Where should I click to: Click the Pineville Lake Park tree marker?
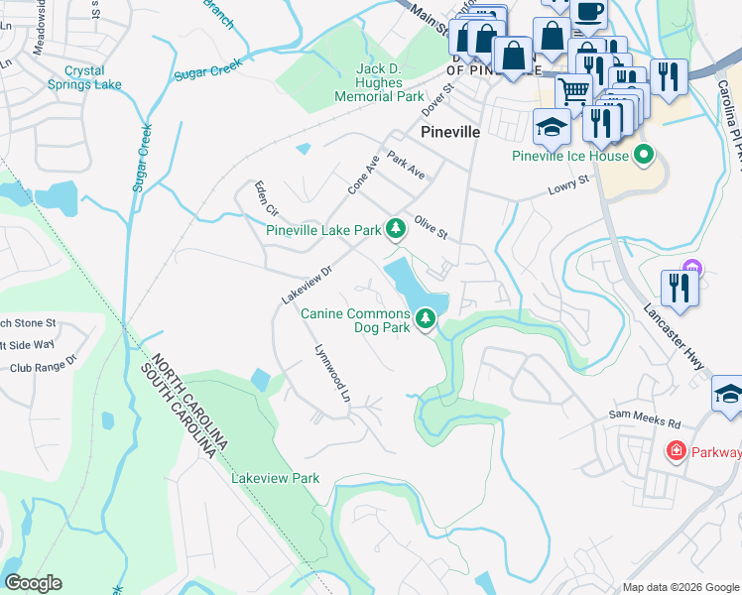tap(396, 230)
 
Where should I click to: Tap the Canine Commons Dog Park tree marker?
tap(426, 319)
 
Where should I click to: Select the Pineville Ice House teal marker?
tap(644, 156)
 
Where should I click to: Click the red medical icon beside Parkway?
tap(676, 452)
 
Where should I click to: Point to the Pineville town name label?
tap(450, 131)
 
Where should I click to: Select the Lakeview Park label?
tap(275, 478)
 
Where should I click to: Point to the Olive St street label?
tap(432, 229)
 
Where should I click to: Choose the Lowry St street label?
tap(569, 184)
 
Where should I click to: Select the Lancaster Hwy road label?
tap(684, 337)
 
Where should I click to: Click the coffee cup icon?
tap(588, 12)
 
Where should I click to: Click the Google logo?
tap(33, 583)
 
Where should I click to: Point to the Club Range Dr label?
tap(42, 367)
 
